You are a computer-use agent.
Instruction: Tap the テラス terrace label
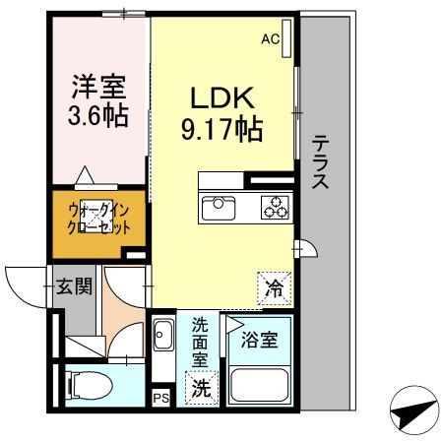(321, 162)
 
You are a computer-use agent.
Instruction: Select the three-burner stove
(275, 208)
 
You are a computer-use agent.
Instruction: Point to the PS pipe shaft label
(160, 398)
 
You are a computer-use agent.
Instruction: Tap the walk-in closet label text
(98, 218)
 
